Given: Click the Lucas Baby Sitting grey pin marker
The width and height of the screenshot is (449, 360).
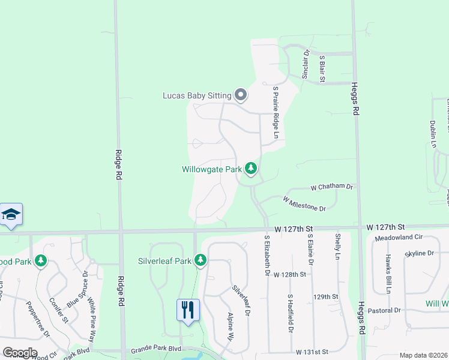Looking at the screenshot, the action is click(241, 95).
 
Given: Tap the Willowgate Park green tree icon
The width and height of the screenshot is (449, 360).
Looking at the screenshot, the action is click(251, 169).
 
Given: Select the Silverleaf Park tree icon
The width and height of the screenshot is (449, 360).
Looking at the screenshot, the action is click(200, 260).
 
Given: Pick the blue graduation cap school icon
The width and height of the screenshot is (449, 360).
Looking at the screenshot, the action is click(11, 215).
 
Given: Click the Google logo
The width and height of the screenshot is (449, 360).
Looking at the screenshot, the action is click(20, 353).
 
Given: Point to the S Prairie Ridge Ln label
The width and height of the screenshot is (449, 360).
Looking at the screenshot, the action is click(276, 112).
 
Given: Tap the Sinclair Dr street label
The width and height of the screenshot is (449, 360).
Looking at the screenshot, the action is click(306, 64).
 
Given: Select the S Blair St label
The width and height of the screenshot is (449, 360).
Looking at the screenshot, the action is click(322, 67).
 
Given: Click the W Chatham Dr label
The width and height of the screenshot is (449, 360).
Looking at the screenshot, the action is click(331, 187).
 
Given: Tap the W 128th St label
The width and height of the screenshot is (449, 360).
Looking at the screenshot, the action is click(290, 274).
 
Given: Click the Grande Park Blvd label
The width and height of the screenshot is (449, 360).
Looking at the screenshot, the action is click(155, 349).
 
